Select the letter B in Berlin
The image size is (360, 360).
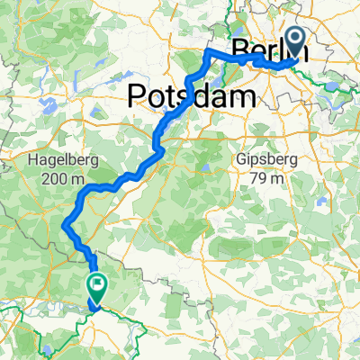coord(240,49)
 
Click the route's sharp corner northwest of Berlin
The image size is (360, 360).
coord(209,53)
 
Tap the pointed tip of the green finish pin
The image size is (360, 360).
coord(95,304)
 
